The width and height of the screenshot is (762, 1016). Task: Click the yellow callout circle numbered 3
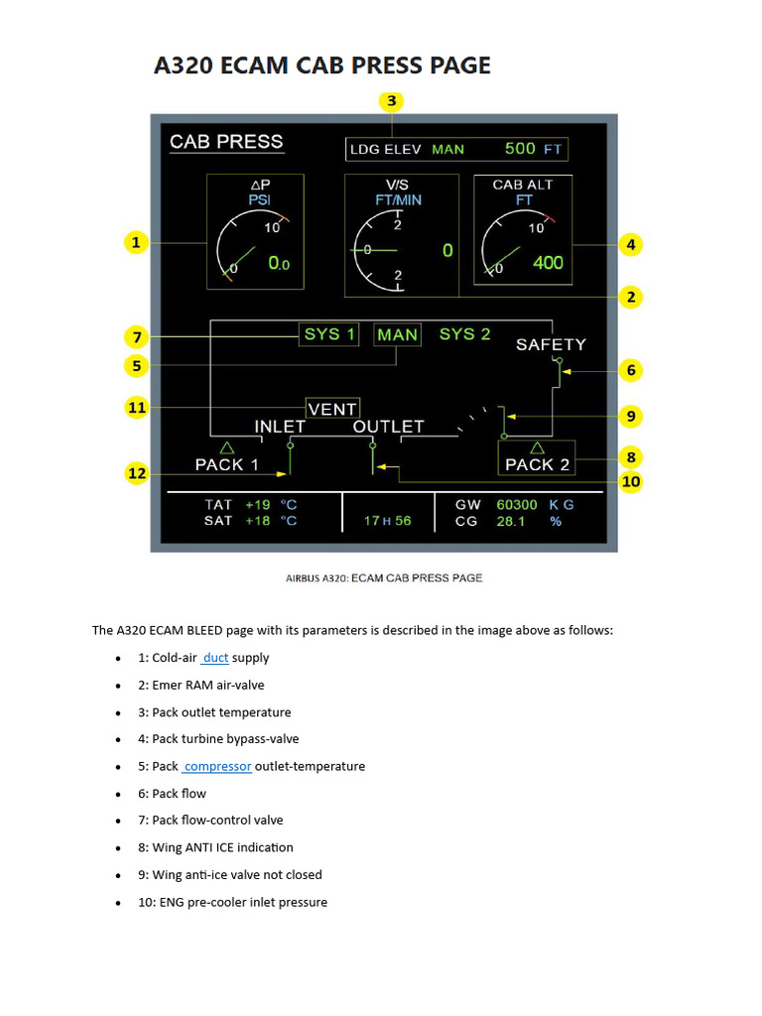pos(392,101)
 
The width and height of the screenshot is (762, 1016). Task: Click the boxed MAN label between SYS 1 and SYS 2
pos(397,335)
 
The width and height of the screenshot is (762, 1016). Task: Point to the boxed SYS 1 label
pos(329,334)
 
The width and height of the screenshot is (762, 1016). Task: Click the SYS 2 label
pos(464,334)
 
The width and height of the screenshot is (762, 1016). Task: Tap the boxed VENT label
pos(332,409)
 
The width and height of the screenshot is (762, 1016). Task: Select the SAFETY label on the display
pos(551,345)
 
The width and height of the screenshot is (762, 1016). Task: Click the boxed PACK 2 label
pos(537,464)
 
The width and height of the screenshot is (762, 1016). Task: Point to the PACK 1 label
pos(226,464)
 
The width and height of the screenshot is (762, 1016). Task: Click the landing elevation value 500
pos(520,149)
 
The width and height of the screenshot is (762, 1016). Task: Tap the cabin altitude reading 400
pos(547,263)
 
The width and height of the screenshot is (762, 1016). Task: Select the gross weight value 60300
pos(517,505)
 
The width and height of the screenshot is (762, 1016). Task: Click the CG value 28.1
pos(511,521)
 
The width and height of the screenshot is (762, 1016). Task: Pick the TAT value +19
pos(257,505)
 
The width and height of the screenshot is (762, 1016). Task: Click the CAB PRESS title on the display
pos(226,142)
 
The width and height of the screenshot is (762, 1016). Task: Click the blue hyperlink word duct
pos(215,658)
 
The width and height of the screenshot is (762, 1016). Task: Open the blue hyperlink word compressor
pos(217,766)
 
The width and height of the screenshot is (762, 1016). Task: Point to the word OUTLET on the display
pos(388,427)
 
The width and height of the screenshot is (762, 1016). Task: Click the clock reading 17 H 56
pos(387,521)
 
